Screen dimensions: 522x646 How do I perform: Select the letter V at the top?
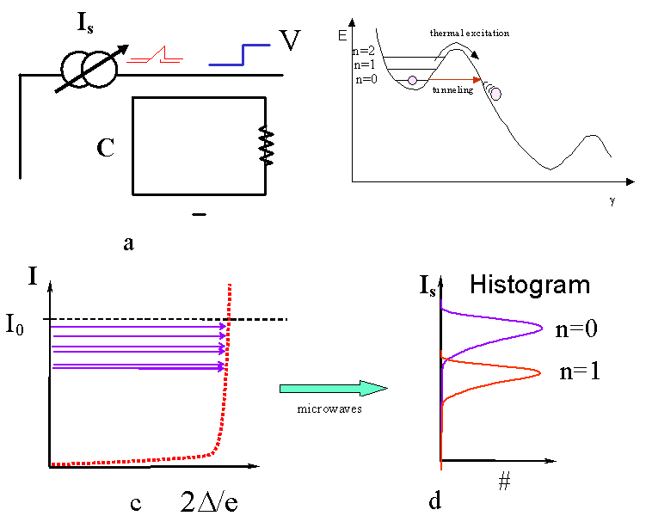[x=290, y=40]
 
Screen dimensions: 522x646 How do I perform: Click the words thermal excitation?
[x=470, y=33]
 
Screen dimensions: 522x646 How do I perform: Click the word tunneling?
[x=453, y=90]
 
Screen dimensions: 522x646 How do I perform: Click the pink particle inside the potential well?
[x=412, y=80]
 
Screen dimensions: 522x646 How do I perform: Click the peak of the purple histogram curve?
[x=541, y=328]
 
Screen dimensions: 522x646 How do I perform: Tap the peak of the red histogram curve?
[x=539, y=372]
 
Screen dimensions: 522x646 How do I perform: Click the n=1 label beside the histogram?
[x=579, y=373]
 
